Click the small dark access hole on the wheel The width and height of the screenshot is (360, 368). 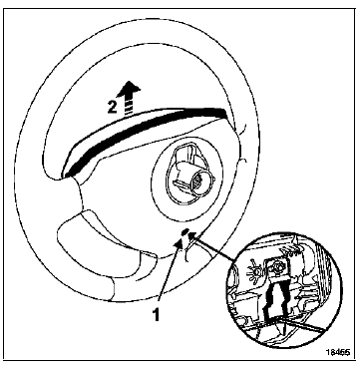pyautogui.click(x=181, y=235)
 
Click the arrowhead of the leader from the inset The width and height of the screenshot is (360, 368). pyautogui.click(x=191, y=236)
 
